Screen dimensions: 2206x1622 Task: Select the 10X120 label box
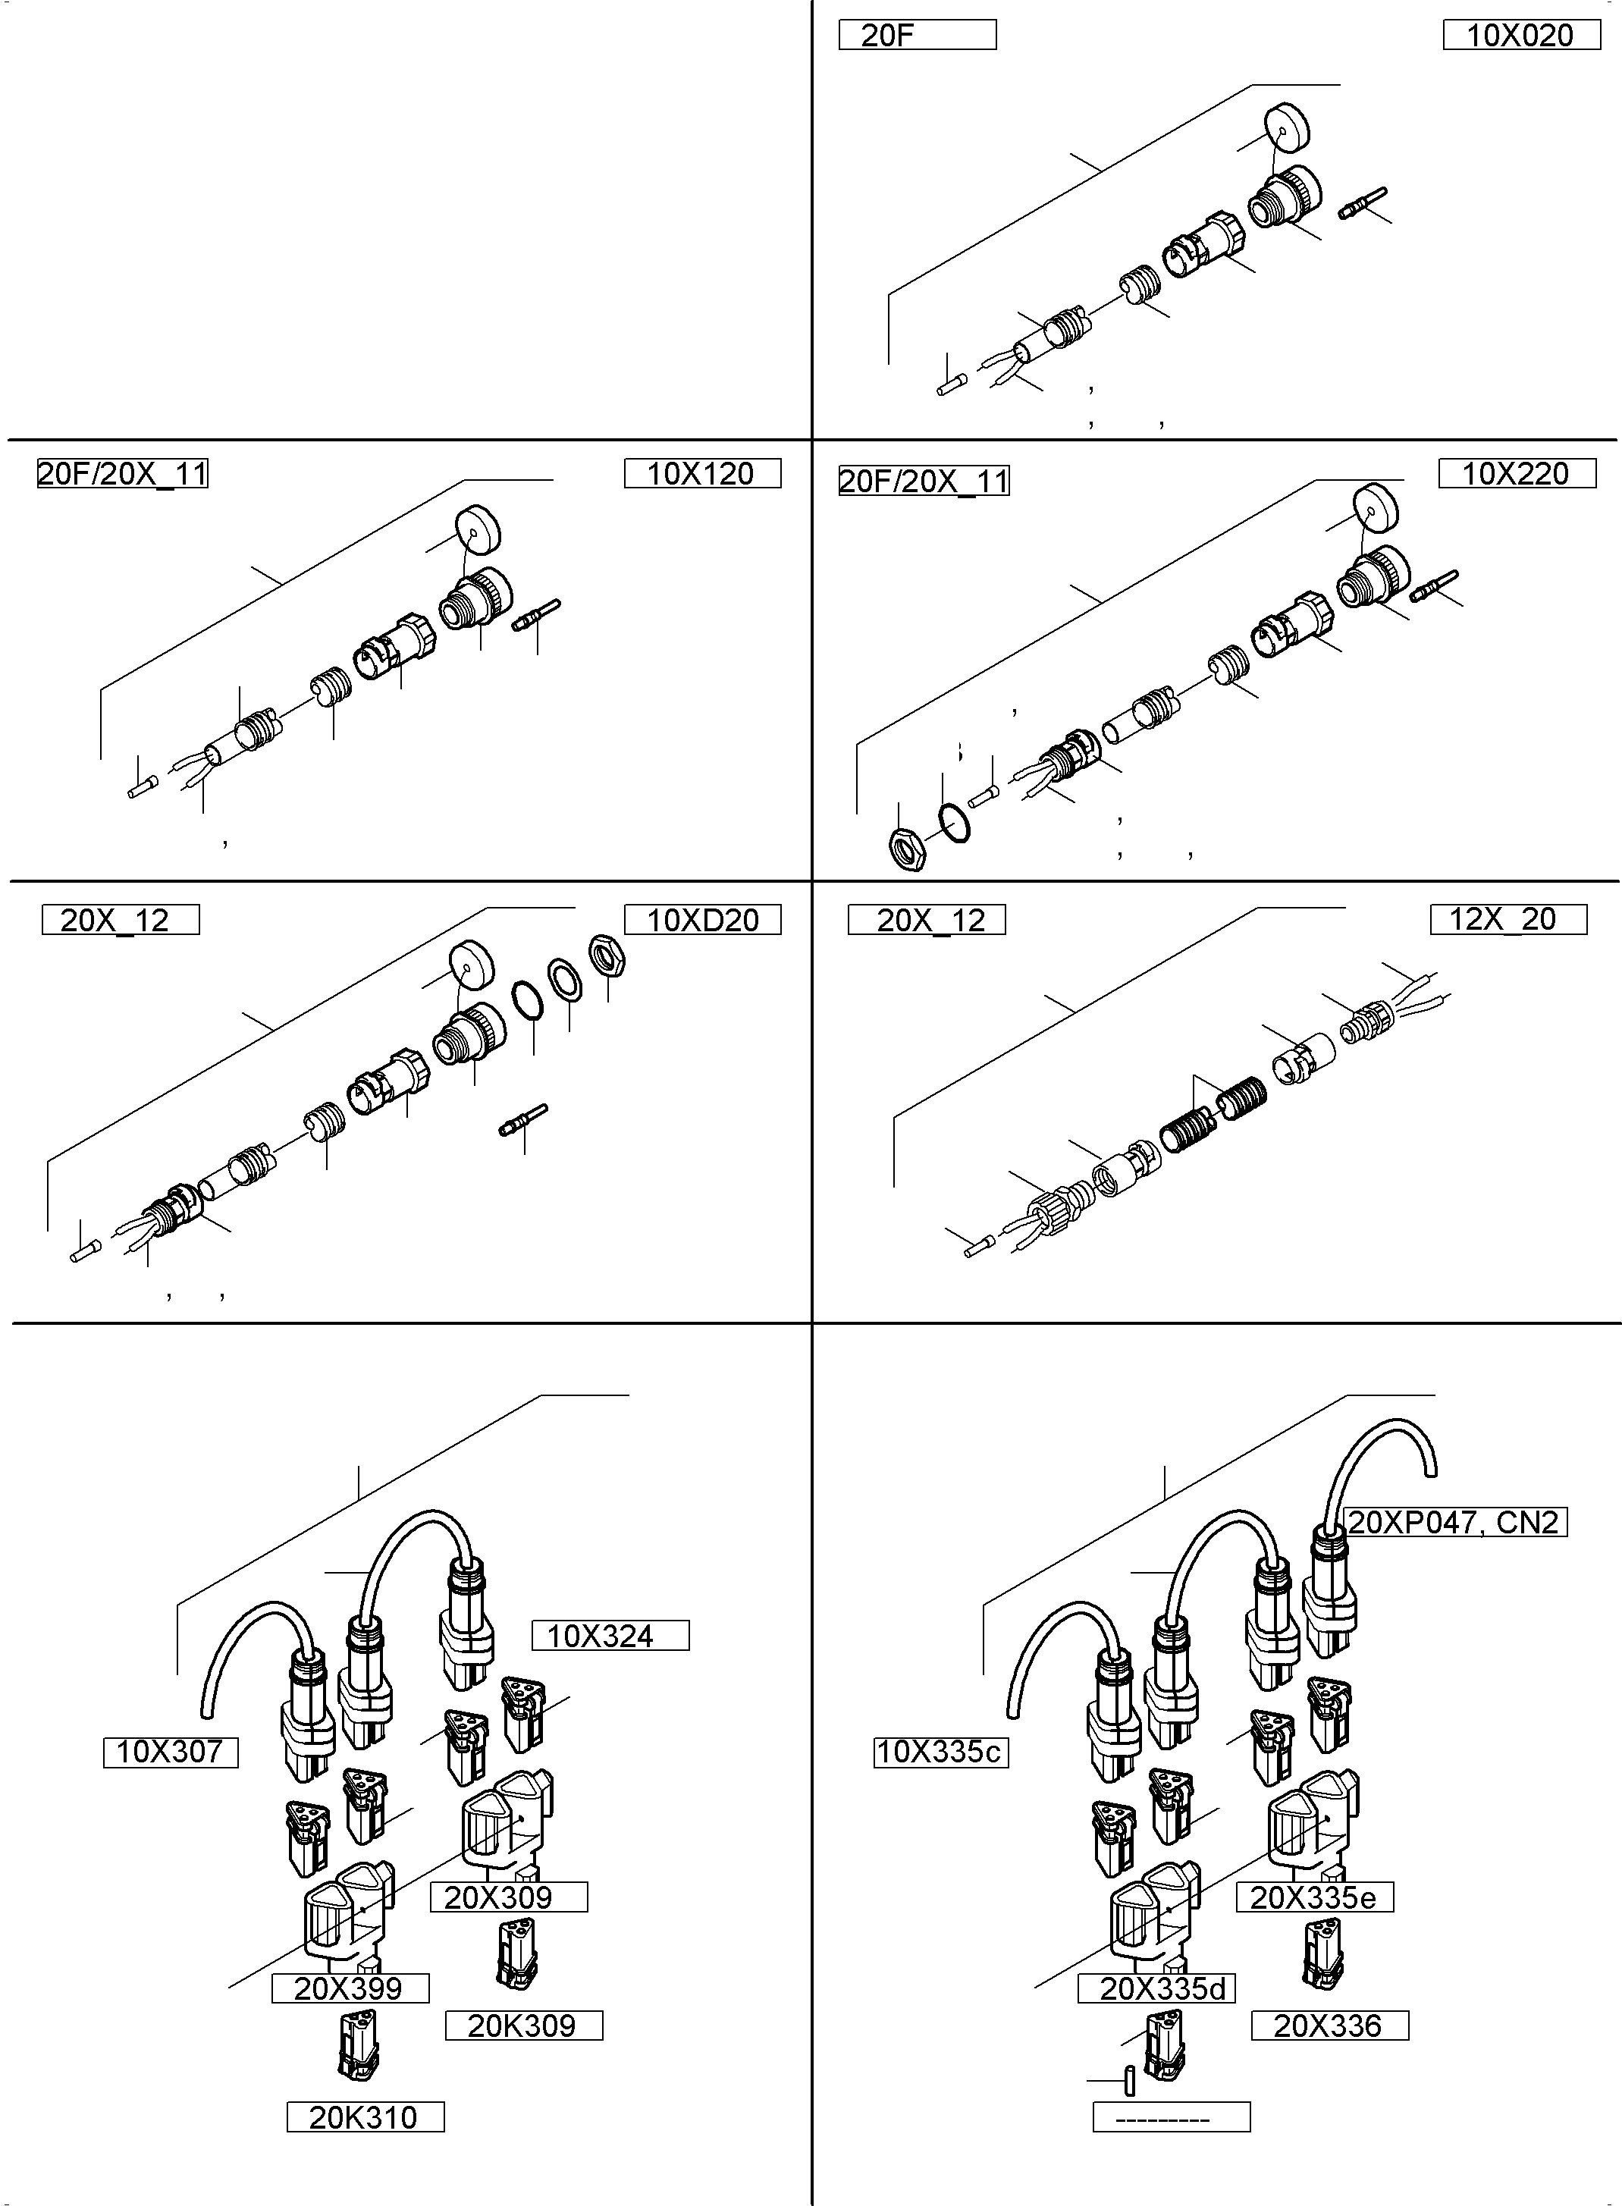702,473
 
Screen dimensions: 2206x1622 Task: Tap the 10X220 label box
1516,473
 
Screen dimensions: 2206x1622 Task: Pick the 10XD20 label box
702,920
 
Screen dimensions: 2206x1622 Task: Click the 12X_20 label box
1507,919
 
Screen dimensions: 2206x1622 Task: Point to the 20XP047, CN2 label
1453,1522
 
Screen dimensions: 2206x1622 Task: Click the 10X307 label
171,1752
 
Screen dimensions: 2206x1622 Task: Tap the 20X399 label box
350,1988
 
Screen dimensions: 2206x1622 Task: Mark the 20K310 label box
364,2117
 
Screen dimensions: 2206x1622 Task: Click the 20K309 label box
523,2026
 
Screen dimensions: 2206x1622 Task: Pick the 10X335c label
940,1752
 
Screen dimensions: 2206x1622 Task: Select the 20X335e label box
1313,1897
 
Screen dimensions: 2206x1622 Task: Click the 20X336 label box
1329,2026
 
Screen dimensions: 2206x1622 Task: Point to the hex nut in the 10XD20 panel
607,953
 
